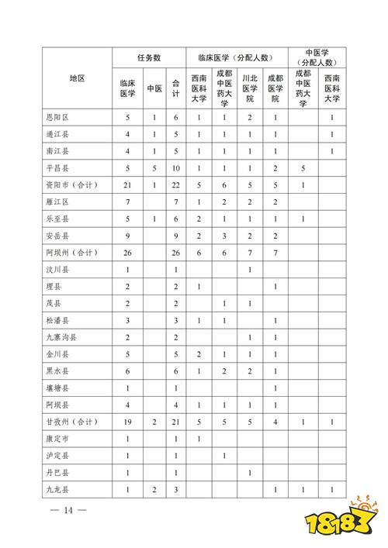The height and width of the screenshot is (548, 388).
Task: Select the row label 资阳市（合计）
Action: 71,184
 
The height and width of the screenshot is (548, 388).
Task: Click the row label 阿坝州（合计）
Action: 71,252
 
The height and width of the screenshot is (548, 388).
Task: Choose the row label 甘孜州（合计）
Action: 71,421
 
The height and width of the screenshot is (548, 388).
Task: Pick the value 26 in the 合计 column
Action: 176,252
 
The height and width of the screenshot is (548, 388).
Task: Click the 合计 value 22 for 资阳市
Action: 176,184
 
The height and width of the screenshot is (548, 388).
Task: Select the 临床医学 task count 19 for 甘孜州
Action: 127,421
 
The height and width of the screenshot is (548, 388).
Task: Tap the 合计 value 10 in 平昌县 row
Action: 176,167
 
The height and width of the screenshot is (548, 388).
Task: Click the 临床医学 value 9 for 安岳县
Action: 127,235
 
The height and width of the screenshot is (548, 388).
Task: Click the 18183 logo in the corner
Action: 353,522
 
